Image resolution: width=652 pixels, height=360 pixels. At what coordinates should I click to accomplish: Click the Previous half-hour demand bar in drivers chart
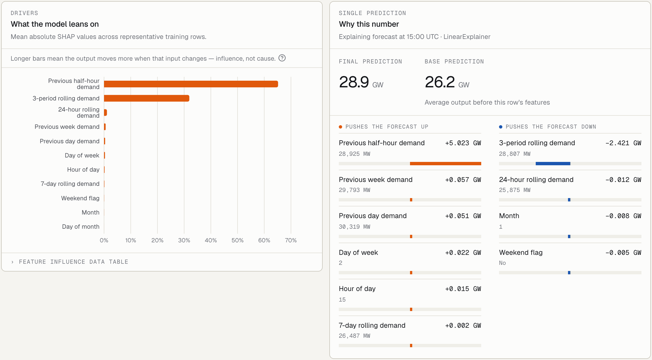coord(191,84)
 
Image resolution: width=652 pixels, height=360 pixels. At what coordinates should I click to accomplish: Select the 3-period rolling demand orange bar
coord(147,98)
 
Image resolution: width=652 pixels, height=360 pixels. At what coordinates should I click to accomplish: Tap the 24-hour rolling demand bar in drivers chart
coord(105,112)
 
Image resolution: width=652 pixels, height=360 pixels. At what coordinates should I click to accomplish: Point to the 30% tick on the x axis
coord(184,240)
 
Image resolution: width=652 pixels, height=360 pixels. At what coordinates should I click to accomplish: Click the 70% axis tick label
coord(291,240)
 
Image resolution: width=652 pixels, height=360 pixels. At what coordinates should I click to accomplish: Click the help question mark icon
coord(282,58)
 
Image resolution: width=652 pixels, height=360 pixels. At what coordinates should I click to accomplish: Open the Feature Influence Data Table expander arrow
coord(12,262)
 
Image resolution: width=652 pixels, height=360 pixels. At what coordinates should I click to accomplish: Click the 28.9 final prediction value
coord(354,82)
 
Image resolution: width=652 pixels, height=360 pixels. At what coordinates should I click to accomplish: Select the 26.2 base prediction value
coord(440,82)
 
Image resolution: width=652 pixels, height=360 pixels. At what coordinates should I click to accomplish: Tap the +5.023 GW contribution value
coord(463,143)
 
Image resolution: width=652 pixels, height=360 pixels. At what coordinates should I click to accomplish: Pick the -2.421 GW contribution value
coord(623,143)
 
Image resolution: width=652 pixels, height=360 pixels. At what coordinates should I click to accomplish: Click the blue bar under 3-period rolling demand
coord(553,164)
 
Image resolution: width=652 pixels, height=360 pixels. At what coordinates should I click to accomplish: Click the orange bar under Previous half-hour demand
coord(446,164)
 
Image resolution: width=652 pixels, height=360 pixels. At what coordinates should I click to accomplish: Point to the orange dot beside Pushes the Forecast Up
coord(340,127)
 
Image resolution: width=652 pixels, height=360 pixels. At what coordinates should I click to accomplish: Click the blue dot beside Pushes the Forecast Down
coord(501,127)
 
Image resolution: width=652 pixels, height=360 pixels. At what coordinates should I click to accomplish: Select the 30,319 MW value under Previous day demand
coord(354,227)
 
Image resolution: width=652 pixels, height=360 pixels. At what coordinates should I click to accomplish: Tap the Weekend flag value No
coord(502,263)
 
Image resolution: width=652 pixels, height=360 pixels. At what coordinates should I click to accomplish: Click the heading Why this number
coord(369,24)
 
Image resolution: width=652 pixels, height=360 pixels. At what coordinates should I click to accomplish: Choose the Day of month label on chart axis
coord(81,227)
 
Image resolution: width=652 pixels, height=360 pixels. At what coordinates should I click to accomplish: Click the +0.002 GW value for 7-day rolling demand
coord(463,326)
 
